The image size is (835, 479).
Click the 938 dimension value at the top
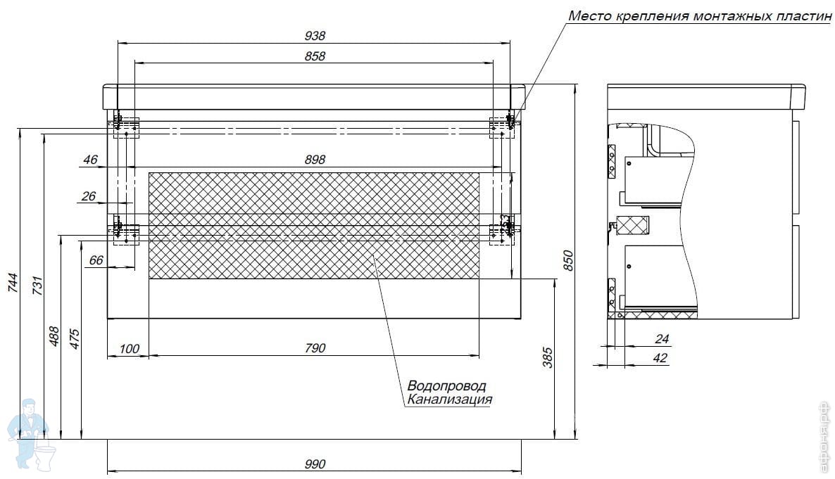(315, 36)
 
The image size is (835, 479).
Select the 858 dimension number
(315, 56)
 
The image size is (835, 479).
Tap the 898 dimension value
(315, 160)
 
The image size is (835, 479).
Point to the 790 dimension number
(315, 348)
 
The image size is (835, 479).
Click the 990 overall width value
(315, 464)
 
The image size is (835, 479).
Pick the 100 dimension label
(130, 348)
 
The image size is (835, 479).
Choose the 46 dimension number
(90, 160)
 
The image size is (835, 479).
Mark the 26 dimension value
(88, 196)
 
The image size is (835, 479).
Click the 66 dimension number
(96, 260)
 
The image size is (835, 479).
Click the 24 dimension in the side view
(661, 339)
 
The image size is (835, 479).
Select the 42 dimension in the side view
(660, 358)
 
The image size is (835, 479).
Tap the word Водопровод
(446, 386)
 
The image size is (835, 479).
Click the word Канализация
(449, 400)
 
